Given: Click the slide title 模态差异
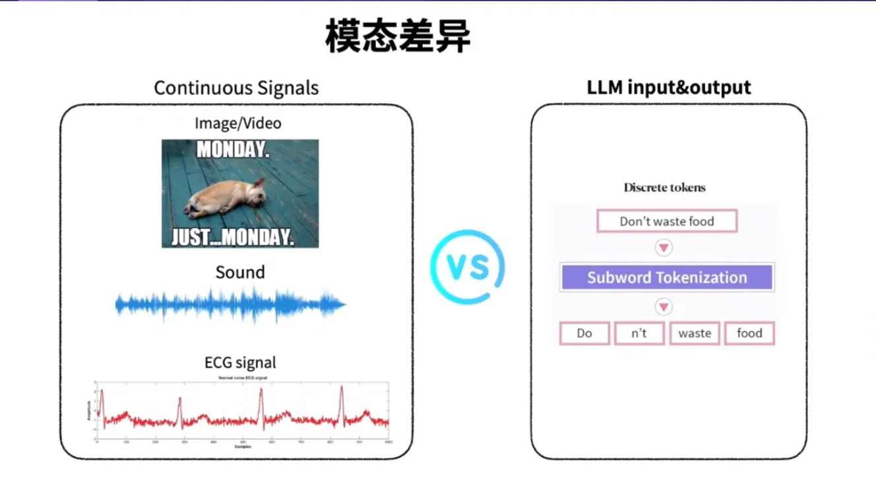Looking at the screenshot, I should [x=398, y=37].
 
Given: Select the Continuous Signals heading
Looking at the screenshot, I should [x=236, y=88].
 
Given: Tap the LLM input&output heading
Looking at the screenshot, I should [x=669, y=87].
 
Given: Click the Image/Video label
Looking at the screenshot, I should [x=237, y=123].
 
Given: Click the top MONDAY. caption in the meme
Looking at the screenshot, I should [x=233, y=150].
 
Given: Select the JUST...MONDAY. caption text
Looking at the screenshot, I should [x=233, y=238].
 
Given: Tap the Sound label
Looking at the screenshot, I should [x=240, y=272].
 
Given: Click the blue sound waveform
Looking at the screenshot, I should [x=231, y=304].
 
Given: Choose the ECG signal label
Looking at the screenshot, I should [x=240, y=362].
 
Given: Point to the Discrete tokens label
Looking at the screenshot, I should [x=664, y=187].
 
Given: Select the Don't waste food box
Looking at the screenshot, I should [x=666, y=221].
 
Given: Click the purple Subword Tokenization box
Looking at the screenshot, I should [x=667, y=277].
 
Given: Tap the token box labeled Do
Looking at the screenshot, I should [x=584, y=333].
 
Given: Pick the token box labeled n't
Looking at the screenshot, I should [x=639, y=333].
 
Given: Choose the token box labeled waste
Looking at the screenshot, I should [x=695, y=333].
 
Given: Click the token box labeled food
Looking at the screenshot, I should [x=749, y=333].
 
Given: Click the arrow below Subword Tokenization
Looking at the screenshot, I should [x=664, y=307].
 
